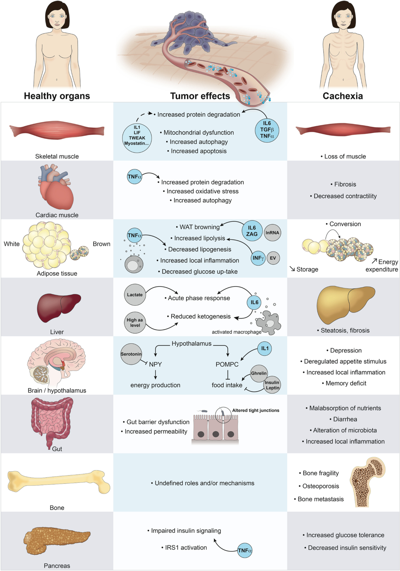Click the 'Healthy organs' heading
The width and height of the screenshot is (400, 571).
(x=57, y=96)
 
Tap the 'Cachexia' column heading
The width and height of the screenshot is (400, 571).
(x=343, y=96)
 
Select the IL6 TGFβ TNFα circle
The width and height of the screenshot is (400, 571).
(x=267, y=130)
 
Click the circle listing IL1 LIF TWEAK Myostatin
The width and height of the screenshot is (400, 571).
(x=137, y=138)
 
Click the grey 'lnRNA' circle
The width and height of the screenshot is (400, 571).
(x=272, y=233)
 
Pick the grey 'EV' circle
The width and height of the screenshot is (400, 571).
(x=273, y=258)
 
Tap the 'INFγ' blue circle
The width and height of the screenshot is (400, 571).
(x=258, y=258)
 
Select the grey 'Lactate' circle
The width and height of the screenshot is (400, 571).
(x=135, y=295)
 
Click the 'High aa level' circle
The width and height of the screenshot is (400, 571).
(x=135, y=322)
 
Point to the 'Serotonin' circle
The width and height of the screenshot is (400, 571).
(x=131, y=354)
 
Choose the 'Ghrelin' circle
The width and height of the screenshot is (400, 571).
(x=259, y=373)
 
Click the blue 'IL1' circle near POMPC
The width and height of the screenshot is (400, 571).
(x=265, y=348)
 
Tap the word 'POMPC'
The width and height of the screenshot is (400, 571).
(x=227, y=364)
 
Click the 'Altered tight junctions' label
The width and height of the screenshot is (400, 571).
(x=256, y=410)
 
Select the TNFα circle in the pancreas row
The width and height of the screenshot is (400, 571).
(x=245, y=550)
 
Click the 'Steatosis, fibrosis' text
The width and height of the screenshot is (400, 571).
(x=345, y=330)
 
